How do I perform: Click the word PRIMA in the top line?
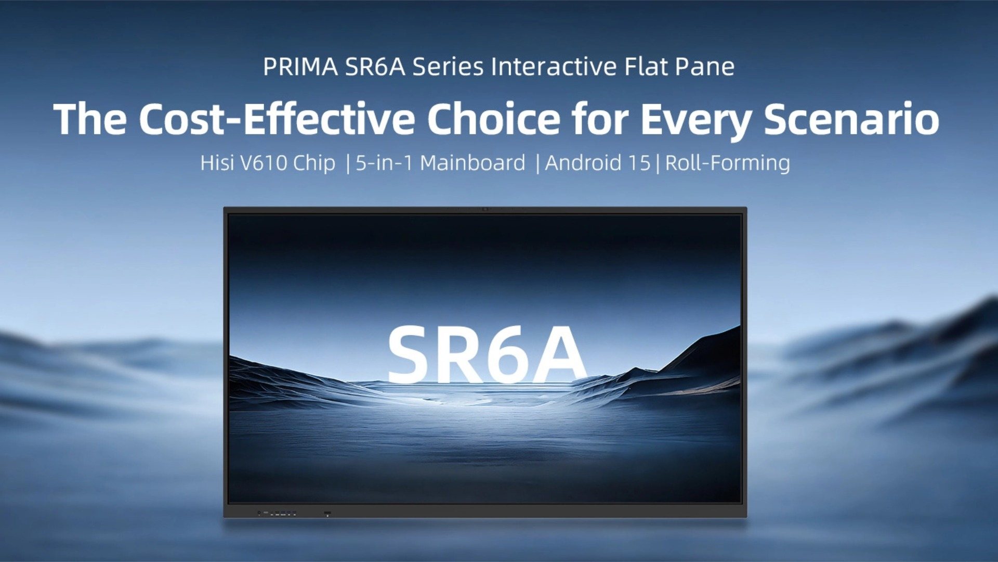pyautogui.click(x=300, y=67)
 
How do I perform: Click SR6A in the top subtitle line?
pyautogui.click(x=375, y=67)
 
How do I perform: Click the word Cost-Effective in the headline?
pyautogui.click(x=277, y=119)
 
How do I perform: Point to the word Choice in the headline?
pyautogui.click(x=493, y=119)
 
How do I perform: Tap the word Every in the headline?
pyautogui.click(x=695, y=119)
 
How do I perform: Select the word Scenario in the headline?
pyautogui.click(x=851, y=119)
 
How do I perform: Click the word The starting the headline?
pyautogui.click(x=90, y=119)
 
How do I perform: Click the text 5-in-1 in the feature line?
pyautogui.click(x=384, y=163)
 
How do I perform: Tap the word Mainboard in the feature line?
pyautogui.click(x=472, y=163)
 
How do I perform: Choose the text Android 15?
pyautogui.click(x=597, y=163)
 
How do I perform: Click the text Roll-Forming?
pyautogui.click(x=727, y=163)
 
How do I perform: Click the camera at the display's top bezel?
pyautogui.click(x=485, y=209)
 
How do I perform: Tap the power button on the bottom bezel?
pyautogui.click(x=327, y=514)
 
